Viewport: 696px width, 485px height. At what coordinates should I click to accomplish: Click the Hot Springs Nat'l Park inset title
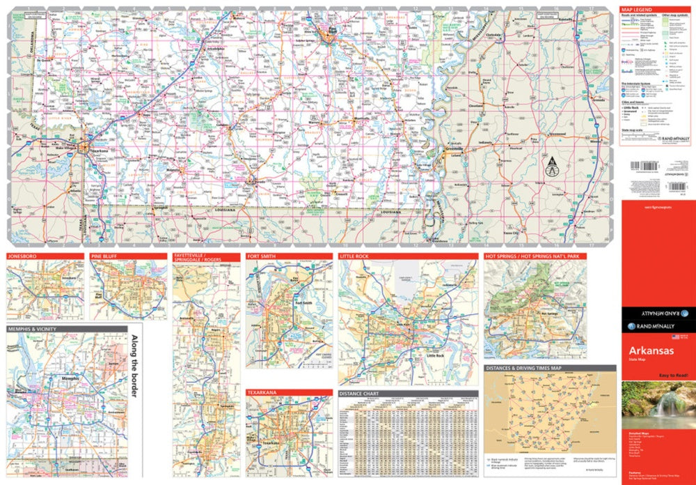532,256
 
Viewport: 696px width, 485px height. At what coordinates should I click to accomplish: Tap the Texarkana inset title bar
262,392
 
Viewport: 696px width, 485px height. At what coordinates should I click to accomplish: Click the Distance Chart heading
358,394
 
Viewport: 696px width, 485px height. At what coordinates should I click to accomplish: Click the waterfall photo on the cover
658,403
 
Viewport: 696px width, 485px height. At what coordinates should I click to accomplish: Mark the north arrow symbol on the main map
552,166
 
